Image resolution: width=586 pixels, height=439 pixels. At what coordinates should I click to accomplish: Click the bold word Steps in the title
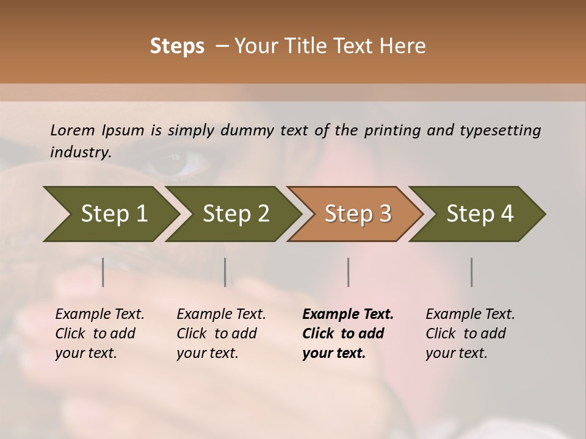177,46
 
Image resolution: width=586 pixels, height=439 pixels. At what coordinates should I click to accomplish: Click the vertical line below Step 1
103,272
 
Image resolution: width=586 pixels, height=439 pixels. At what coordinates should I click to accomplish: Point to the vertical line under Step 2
225,272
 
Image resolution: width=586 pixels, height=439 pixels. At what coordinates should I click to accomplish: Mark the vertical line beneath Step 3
349,272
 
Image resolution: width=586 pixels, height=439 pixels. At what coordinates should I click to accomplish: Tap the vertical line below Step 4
472,272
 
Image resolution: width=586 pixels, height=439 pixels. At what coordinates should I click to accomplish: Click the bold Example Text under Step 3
348,314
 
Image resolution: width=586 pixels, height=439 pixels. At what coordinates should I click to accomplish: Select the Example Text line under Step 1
99,314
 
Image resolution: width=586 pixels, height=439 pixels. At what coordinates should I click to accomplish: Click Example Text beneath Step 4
470,314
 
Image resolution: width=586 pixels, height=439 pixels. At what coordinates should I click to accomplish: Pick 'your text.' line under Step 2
207,353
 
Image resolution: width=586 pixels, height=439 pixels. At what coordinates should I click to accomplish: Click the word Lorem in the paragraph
73,130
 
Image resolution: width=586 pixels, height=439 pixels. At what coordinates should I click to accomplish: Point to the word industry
81,152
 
